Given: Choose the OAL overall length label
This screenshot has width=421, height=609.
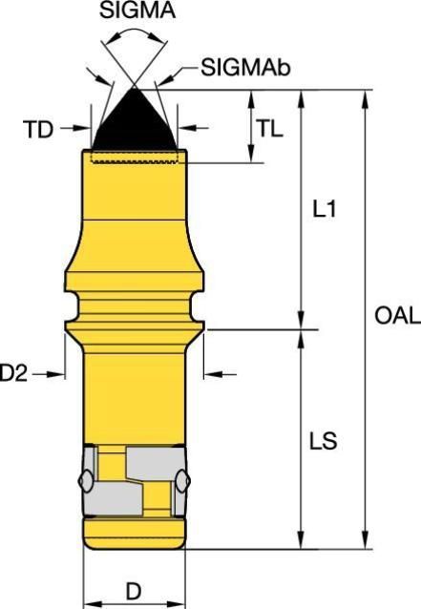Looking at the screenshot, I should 396,316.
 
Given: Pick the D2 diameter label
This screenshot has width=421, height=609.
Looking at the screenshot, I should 14,375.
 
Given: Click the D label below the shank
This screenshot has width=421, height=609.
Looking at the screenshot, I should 134,592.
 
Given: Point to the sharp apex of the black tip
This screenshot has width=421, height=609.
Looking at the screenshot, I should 136,88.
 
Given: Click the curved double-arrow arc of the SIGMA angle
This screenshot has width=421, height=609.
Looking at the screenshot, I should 135,33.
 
